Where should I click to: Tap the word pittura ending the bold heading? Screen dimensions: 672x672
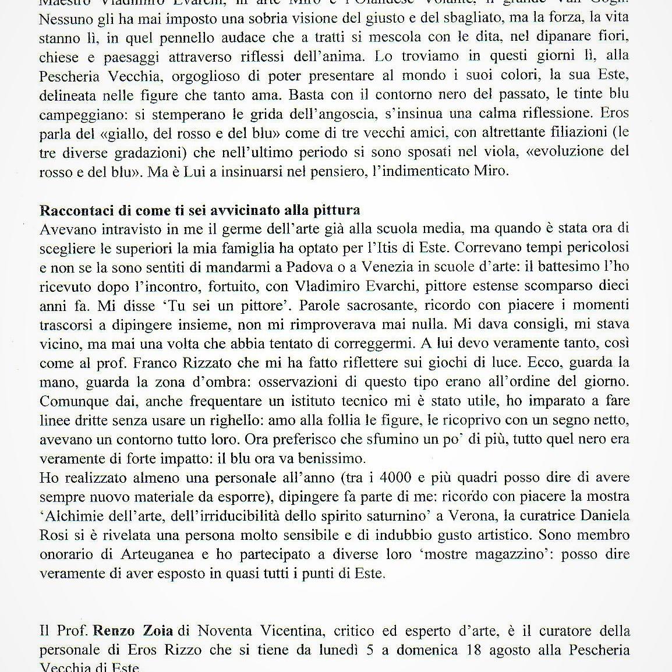pyautogui.click(x=337, y=210)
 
